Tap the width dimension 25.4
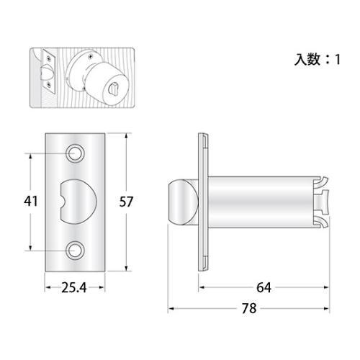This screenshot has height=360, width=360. [x=75, y=288]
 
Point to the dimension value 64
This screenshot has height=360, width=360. [x=264, y=288]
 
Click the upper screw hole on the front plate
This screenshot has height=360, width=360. [x=76, y=153]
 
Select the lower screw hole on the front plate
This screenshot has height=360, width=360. [x=76, y=251]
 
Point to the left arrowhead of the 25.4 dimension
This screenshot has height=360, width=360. [x=48, y=287]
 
